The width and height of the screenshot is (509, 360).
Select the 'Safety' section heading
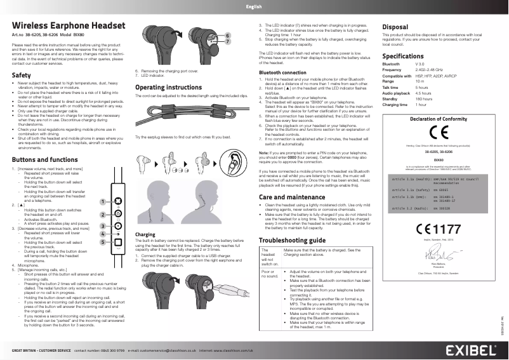point(22,76)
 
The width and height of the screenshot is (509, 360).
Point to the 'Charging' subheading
point(145,234)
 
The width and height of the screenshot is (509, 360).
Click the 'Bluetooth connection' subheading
point(282,73)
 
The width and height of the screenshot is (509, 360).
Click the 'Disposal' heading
point(395,27)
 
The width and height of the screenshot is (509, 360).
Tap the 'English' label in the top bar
point(254,6)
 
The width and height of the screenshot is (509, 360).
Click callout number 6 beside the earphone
point(228,34)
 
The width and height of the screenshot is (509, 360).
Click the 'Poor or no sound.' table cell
point(268,274)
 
